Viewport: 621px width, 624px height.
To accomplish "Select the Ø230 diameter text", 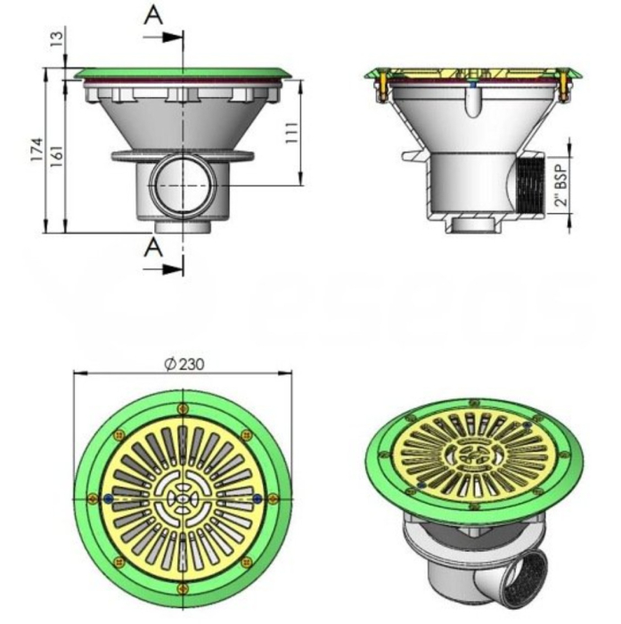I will (184, 363).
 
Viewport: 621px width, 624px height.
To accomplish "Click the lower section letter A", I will (153, 247).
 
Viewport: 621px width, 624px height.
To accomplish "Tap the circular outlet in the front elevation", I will (183, 182).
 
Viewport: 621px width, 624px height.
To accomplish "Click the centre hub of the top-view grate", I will (183, 497).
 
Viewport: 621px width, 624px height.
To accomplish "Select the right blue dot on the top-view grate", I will (257, 497).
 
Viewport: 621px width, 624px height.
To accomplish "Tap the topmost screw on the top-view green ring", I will (183, 408).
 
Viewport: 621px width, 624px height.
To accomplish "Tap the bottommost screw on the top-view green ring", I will (183, 586).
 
